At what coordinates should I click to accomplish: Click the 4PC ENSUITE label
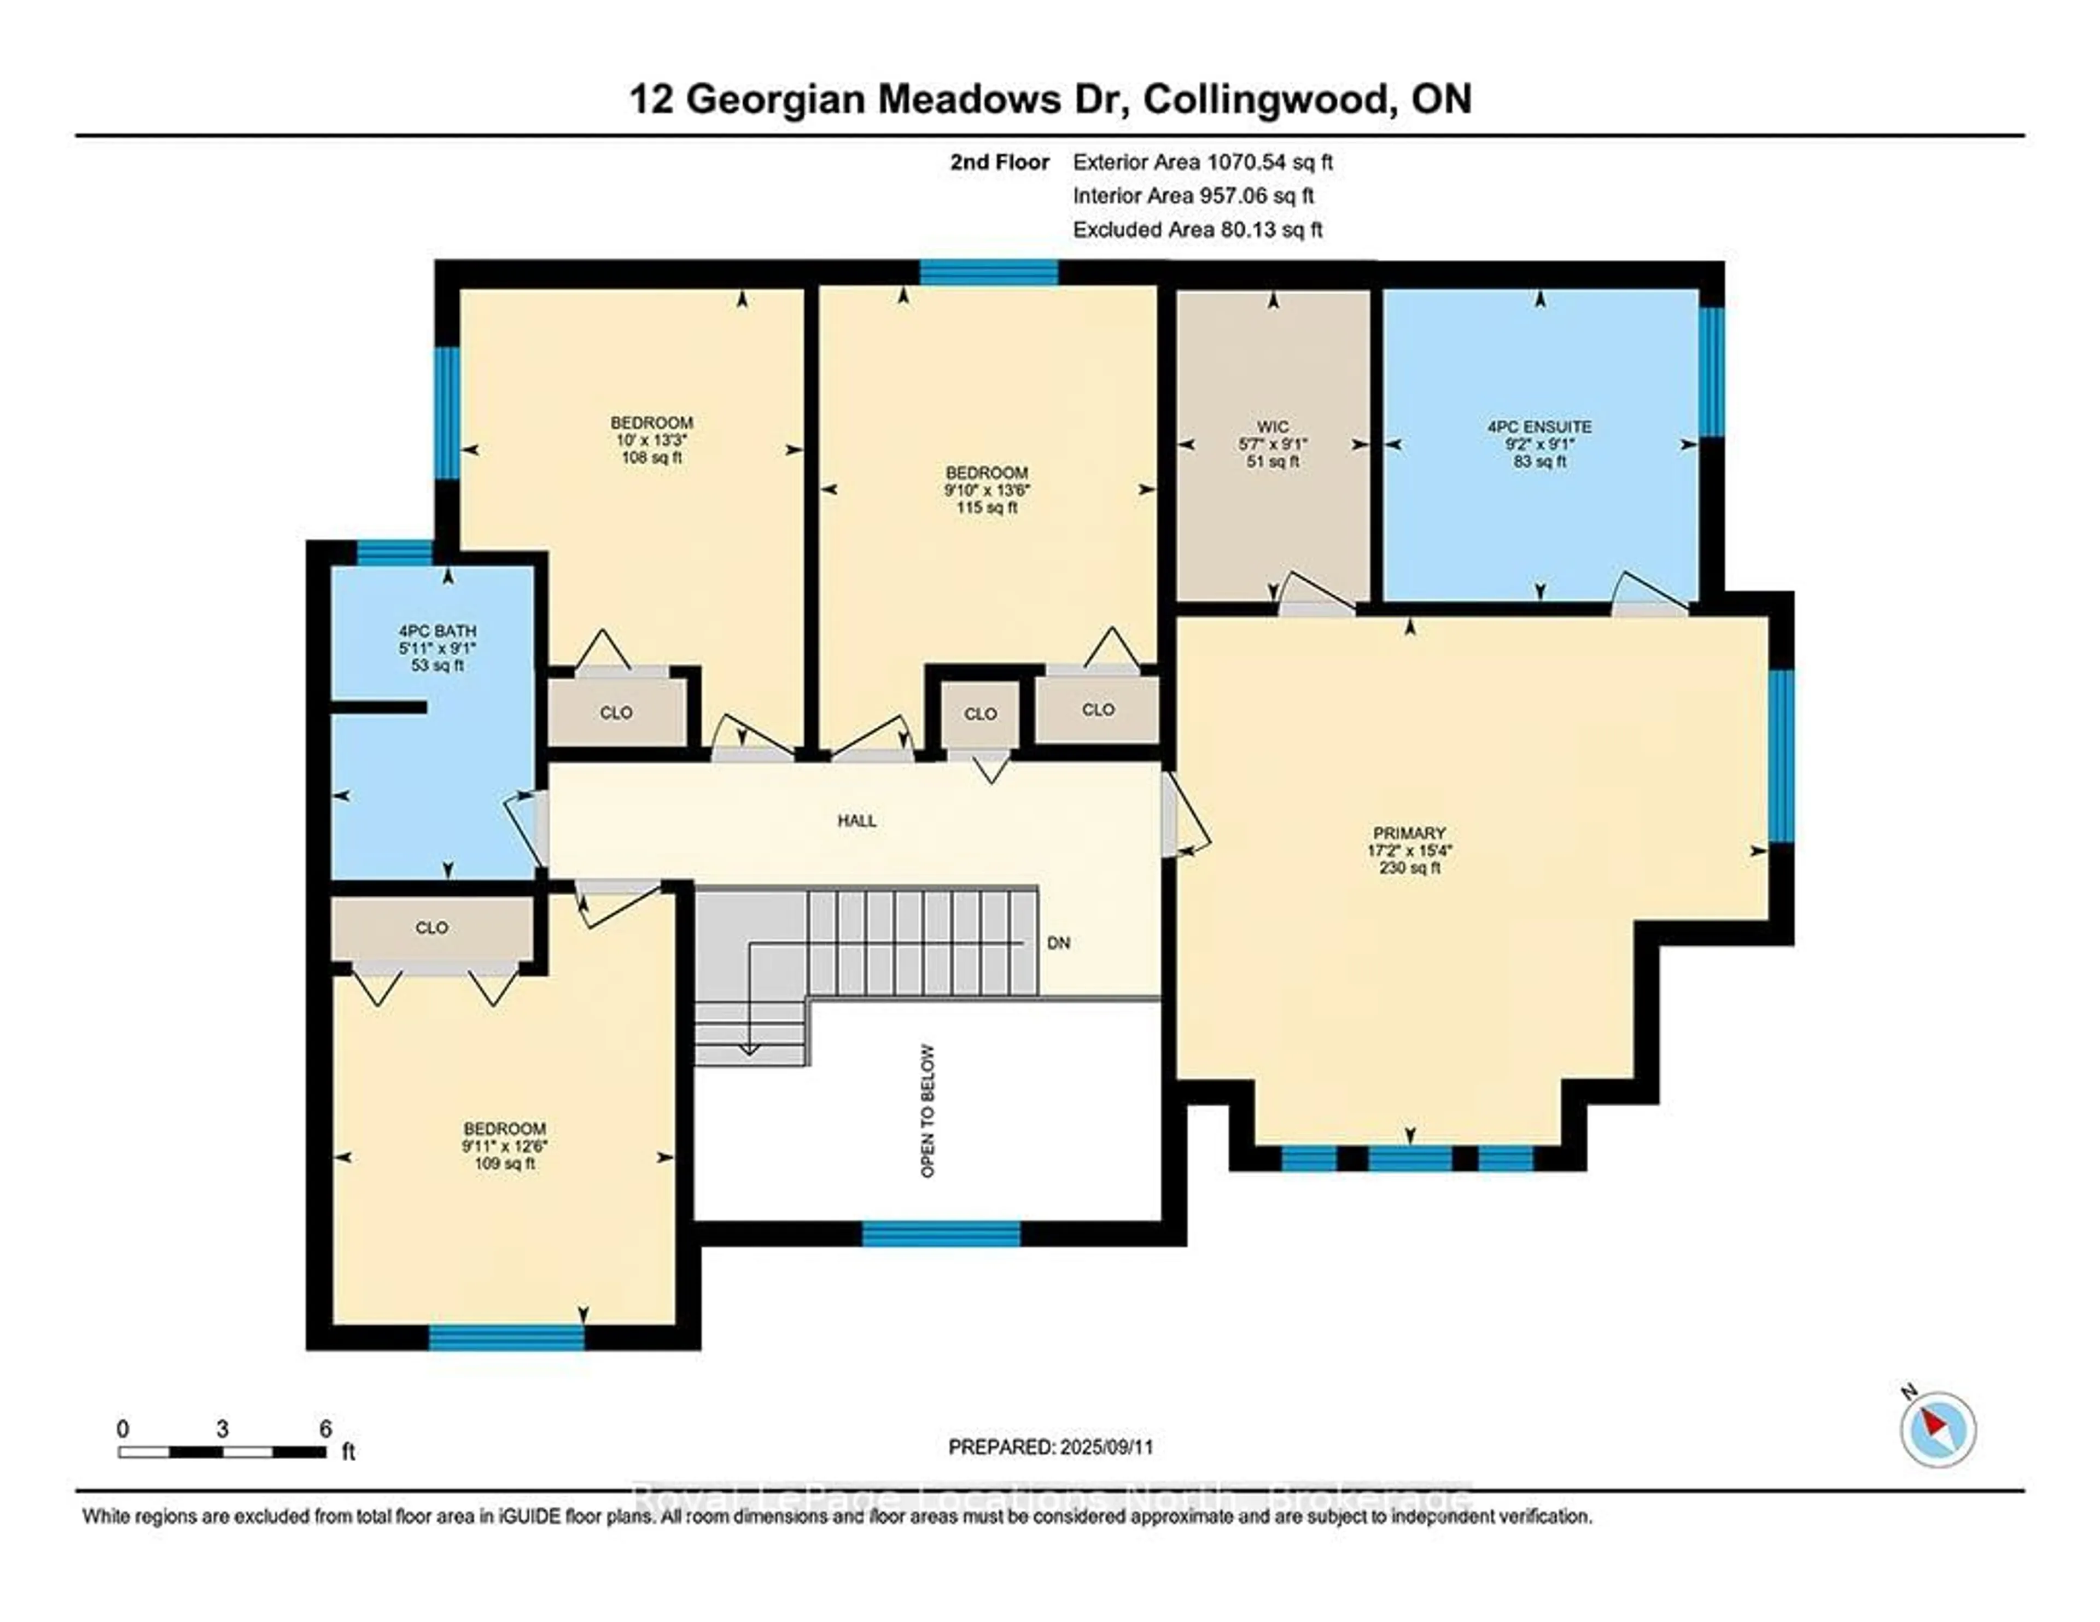(x=1539, y=444)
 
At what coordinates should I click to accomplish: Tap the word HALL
(x=857, y=821)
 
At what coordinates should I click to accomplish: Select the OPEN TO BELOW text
(x=928, y=1111)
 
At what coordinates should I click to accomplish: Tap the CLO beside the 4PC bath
(x=615, y=713)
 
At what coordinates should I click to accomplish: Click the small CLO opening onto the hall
(x=980, y=714)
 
